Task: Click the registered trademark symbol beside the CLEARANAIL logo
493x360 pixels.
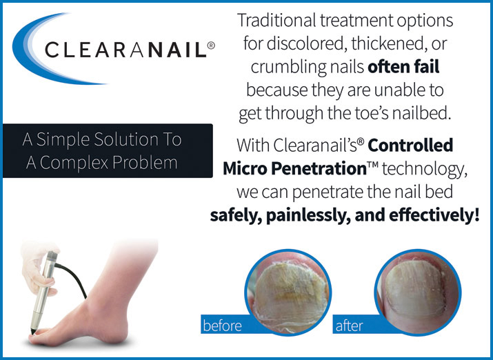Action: tap(211, 46)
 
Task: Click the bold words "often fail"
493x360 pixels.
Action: tap(403, 67)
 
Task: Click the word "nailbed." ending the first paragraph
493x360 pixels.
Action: tap(421, 113)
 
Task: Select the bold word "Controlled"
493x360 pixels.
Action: tap(410, 146)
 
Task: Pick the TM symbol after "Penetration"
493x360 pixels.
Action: tap(373, 165)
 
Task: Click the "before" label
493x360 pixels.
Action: tap(222, 326)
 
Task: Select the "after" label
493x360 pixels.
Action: tap(350, 326)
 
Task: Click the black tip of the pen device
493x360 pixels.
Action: tap(33, 332)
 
